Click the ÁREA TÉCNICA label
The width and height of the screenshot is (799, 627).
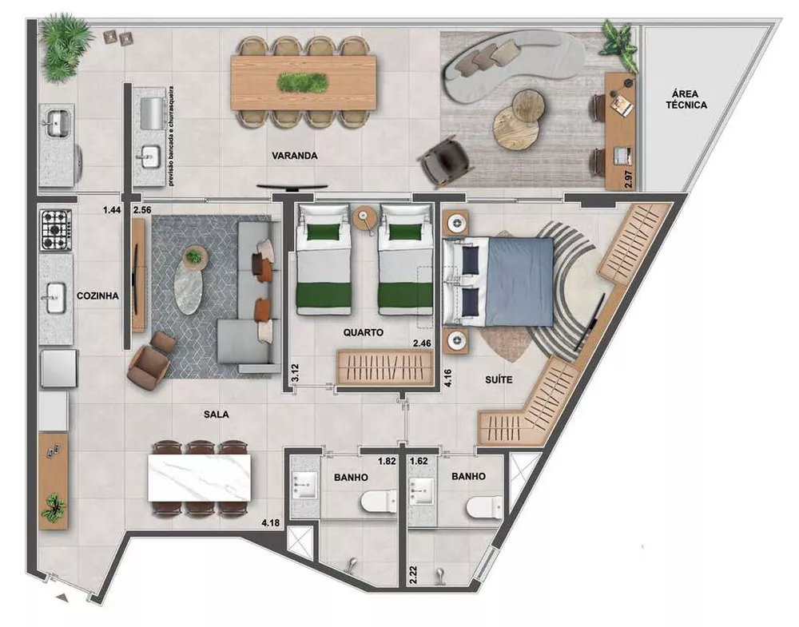(x=686, y=98)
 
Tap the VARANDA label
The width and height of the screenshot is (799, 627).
(x=295, y=157)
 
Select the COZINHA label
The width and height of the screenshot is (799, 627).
(x=97, y=296)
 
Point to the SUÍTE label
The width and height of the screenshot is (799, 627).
(x=499, y=380)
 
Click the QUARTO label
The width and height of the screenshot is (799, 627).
(x=364, y=332)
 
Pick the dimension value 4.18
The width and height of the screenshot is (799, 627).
(x=270, y=524)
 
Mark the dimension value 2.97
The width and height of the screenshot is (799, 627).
(x=629, y=180)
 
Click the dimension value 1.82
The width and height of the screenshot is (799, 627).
(x=388, y=462)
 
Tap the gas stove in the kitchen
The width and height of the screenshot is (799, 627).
(x=56, y=229)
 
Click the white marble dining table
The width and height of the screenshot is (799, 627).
(x=199, y=476)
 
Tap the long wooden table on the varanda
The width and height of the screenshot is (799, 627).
(x=304, y=82)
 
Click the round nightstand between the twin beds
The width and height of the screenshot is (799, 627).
(x=365, y=216)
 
